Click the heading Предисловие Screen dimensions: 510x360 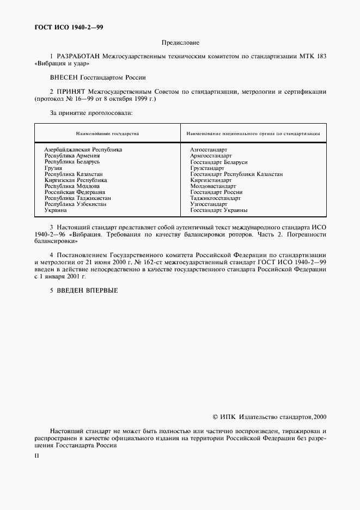click(x=180, y=42)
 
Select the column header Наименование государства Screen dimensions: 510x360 click(x=107, y=133)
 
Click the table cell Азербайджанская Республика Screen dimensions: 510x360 click(x=83, y=149)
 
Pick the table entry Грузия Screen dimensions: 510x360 click(x=53, y=168)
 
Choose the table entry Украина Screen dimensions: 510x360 click(x=56, y=210)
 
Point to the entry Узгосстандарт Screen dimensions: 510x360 click(x=209, y=204)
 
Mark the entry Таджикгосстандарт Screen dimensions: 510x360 click(x=215, y=198)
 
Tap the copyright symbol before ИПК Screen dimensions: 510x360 click(x=215, y=417)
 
